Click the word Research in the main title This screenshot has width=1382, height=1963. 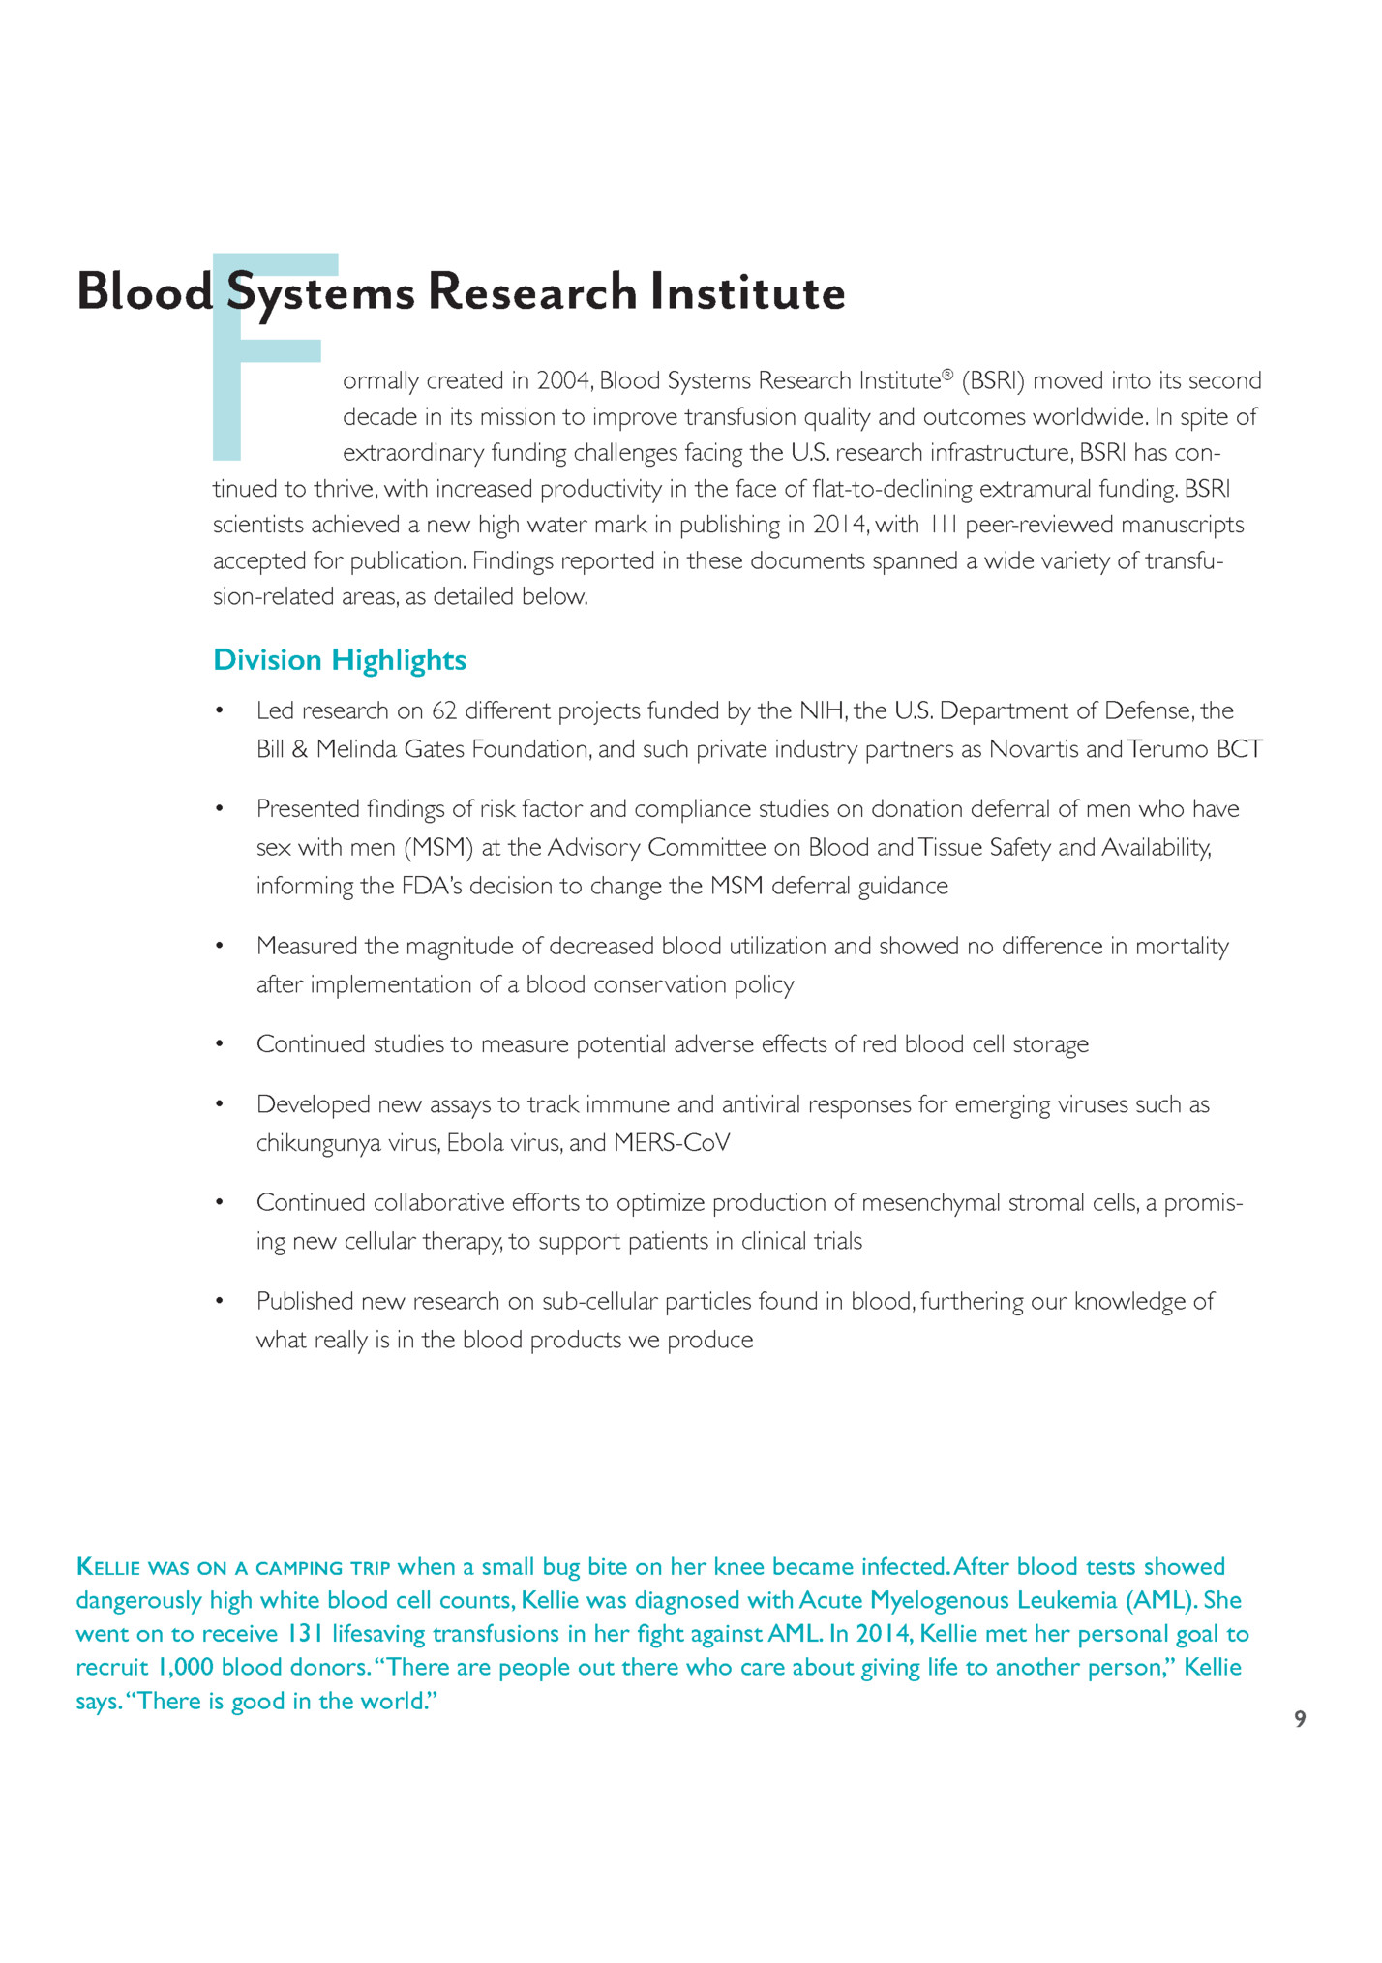click(531, 292)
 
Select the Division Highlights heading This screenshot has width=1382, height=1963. click(340, 660)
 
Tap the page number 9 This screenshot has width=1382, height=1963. click(1300, 1719)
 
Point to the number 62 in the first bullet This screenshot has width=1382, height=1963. click(443, 711)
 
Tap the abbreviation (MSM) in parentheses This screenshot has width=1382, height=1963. click(437, 848)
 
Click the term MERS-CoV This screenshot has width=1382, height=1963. click(672, 1143)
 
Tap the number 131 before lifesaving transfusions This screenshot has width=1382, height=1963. click(305, 1634)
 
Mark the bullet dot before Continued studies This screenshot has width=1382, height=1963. click(220, 1044)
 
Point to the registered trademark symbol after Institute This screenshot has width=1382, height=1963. click(947, 375)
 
